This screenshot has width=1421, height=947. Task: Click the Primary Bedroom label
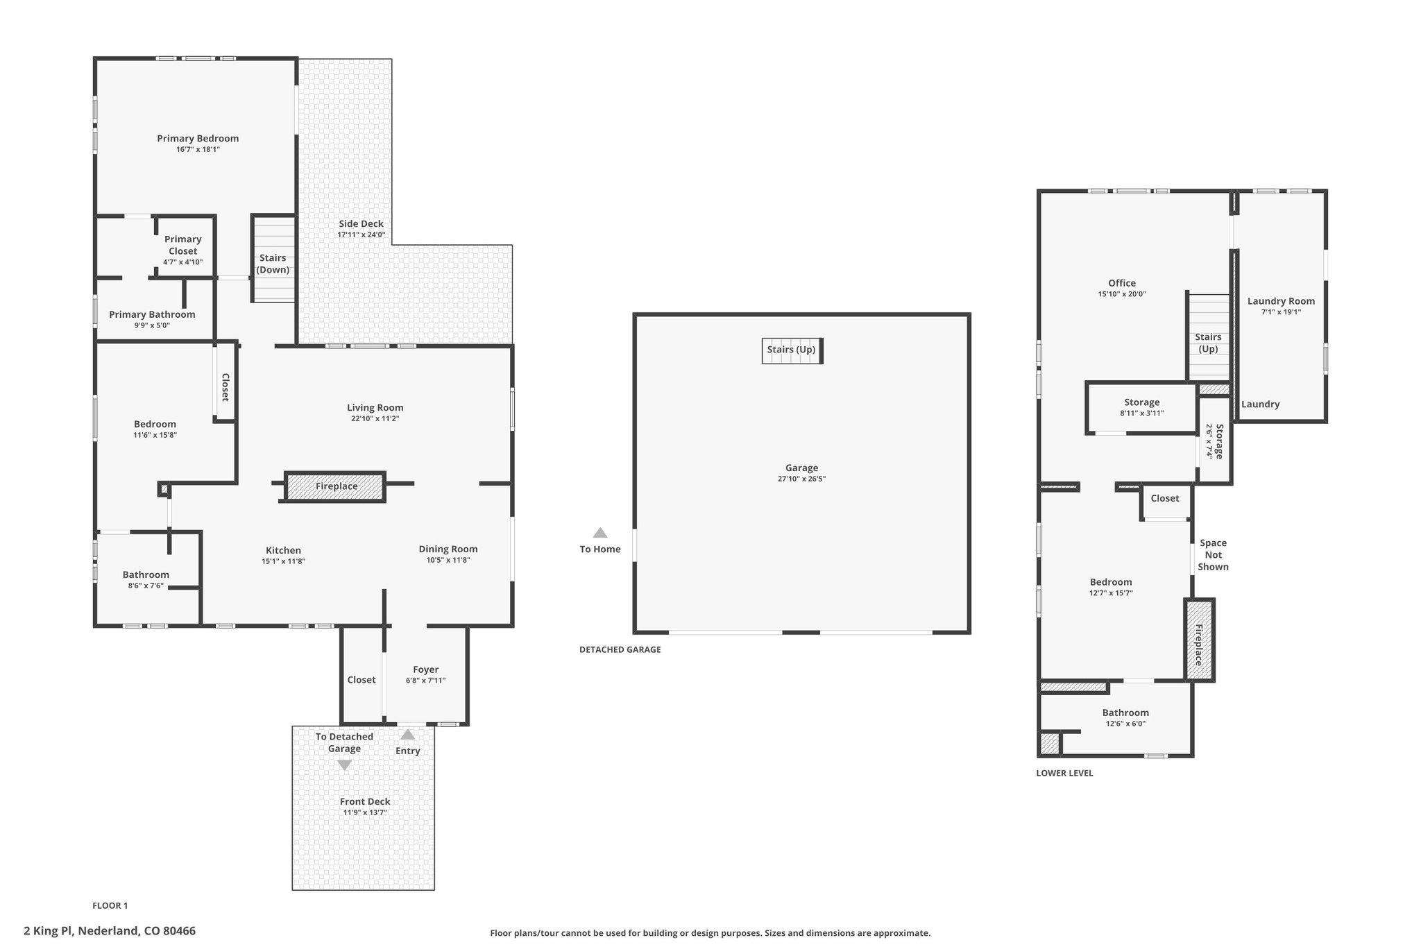pyautogui.click(x=198, y=138)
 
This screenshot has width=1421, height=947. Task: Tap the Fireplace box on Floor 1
pyautogui.click(x=335, y=486)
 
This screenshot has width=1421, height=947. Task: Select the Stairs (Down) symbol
pyautogui.click(x=273, y=259)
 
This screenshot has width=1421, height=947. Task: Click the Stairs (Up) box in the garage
pyautogui.click(x=792, y=350)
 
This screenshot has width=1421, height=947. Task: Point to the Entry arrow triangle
pyautogui.click(x=408, y=734)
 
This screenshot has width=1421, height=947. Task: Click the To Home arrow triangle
pyautogui.click(x=600, y=533)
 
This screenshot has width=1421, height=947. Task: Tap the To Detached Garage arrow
pyautogui.click(x=344, y=765)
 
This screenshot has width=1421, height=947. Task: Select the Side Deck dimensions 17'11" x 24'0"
pyautogui.click(x=361, y=235)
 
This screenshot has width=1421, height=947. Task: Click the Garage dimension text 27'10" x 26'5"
pyautogui.click(x=802, y=479)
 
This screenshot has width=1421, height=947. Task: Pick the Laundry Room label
pyautogui.click(x=1281, y=301)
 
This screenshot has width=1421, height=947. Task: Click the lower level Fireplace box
pyautogui.click(x=1199, y=640)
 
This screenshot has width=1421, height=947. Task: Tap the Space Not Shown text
pyautogui.click(x=1214, y=555)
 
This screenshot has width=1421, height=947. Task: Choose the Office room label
pyautogui.click(x=1122, y=283)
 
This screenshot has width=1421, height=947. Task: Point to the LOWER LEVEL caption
pyautogui.click(x=1064, y=773)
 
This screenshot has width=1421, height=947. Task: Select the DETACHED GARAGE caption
pyautogui.click(x=620, y=650)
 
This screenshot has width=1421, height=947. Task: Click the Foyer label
pyautogui.click(x=426, y=669)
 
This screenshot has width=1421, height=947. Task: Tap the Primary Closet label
pyautogui.click(x=183, y=245)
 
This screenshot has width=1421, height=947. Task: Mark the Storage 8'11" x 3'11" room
pyautogui.click(x=1141, y=408)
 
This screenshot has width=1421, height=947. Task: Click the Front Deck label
pyautogui.click(x=365, y=801)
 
